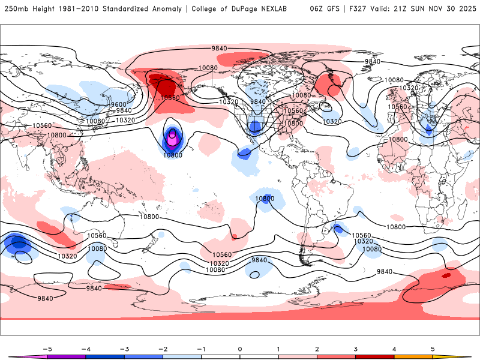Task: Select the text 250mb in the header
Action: [15, 9]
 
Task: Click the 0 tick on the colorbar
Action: [240, 349]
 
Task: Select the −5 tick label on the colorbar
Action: [48, 349]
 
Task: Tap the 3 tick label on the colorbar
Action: [355, 349]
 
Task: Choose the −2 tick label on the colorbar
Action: [163, 349]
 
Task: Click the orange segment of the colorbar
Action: [412, 356]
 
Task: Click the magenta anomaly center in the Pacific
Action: [173, 138]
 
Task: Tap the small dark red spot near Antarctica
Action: [445, 275]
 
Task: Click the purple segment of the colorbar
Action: [67, 356]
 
